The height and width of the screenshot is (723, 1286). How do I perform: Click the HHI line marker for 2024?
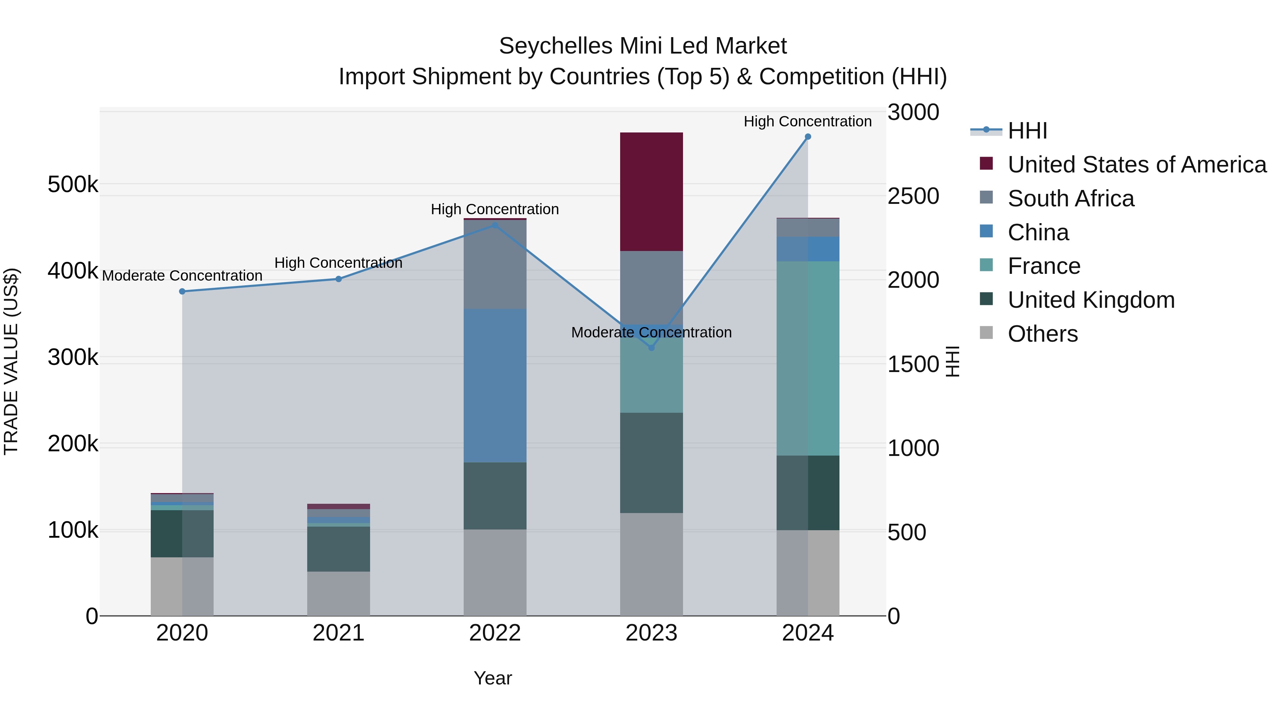808,137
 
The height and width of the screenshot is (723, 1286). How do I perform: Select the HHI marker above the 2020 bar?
182,291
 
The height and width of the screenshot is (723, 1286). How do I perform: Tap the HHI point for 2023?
651,348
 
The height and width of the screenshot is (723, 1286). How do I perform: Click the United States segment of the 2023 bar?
651,192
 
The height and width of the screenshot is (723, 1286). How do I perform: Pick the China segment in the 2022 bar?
495,385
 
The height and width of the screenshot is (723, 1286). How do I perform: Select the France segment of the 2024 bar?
808,358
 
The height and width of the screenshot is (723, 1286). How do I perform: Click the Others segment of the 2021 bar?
339,593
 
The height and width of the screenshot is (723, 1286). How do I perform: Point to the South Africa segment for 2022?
495,265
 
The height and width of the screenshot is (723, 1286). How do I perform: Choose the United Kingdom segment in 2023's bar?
651,462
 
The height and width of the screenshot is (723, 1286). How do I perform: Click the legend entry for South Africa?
1071,199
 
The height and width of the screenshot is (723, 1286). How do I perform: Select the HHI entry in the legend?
1027,131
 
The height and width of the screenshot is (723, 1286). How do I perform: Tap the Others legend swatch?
986,332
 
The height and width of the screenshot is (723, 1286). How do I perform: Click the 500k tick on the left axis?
73,185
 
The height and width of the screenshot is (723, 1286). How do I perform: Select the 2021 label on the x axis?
339,633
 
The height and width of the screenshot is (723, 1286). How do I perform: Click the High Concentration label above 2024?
807,121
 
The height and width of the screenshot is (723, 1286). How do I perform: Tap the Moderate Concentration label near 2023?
651,332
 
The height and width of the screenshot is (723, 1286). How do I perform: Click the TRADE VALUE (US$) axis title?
11,361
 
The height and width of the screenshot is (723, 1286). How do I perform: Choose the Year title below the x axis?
493,678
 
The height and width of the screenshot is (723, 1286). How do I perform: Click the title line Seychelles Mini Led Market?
643,46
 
